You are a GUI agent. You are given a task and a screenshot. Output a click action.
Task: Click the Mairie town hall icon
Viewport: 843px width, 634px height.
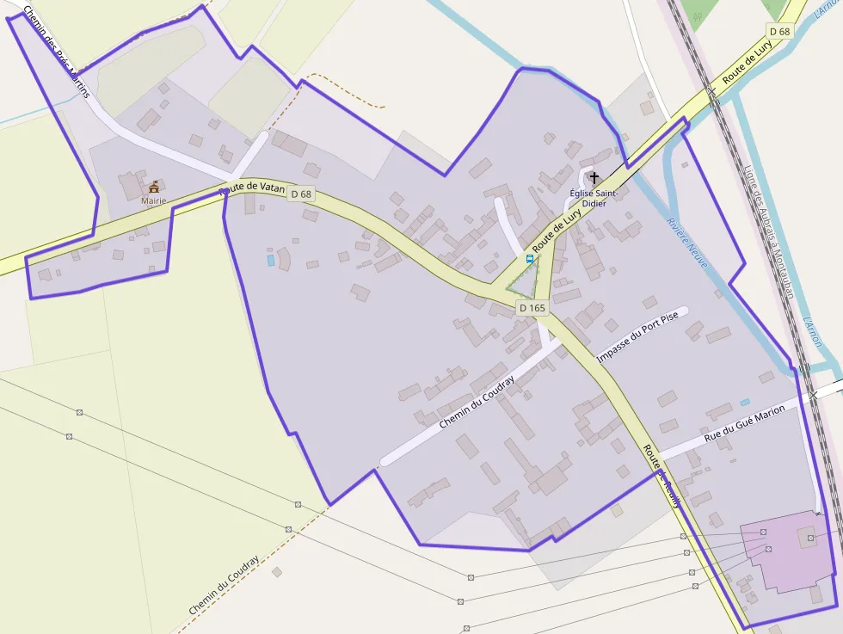154,187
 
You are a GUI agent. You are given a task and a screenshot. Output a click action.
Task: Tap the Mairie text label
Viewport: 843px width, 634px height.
154,200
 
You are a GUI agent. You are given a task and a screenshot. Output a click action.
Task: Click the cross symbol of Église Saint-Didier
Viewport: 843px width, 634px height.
594,176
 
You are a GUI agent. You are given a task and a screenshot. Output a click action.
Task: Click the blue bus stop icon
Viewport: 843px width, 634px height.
529,258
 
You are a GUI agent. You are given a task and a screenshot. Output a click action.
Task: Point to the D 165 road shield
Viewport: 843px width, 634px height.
532,307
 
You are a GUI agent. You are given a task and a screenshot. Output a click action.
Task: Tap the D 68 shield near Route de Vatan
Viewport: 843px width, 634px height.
301,194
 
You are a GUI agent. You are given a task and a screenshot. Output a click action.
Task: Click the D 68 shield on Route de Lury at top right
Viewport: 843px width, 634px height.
779,31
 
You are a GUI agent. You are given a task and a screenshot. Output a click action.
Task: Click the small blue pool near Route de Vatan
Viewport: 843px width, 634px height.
271,260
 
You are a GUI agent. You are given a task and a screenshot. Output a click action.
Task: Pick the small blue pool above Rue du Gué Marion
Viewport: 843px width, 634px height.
745,402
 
